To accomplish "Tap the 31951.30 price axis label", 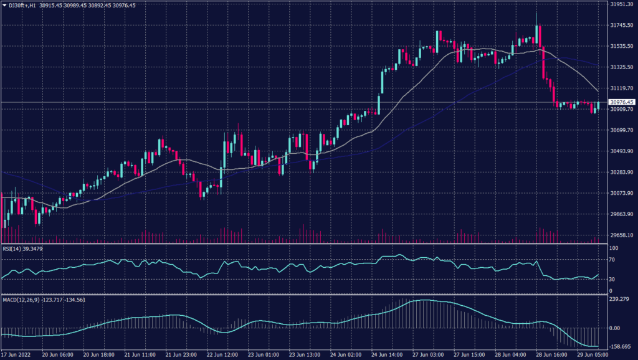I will pyautogui.click(x=621, y=4).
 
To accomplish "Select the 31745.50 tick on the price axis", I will pyautogui.click(x=621, y=26).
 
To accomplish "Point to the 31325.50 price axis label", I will pyautogui.click(x=621, y=67).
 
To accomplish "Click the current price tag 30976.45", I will pyautogui.click(x=621, y=102).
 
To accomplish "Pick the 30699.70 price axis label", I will pyautogui.click(x=621, y=130).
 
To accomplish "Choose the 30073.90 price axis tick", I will pyautogui.click(x=621, y=193).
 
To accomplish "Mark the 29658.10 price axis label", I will pyautogui.click(x=621, y=235).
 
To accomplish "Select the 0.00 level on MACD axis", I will pyautogui.click(x=614, y=328).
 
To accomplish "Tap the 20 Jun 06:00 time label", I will pyautogui.click(x=57, y=354).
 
